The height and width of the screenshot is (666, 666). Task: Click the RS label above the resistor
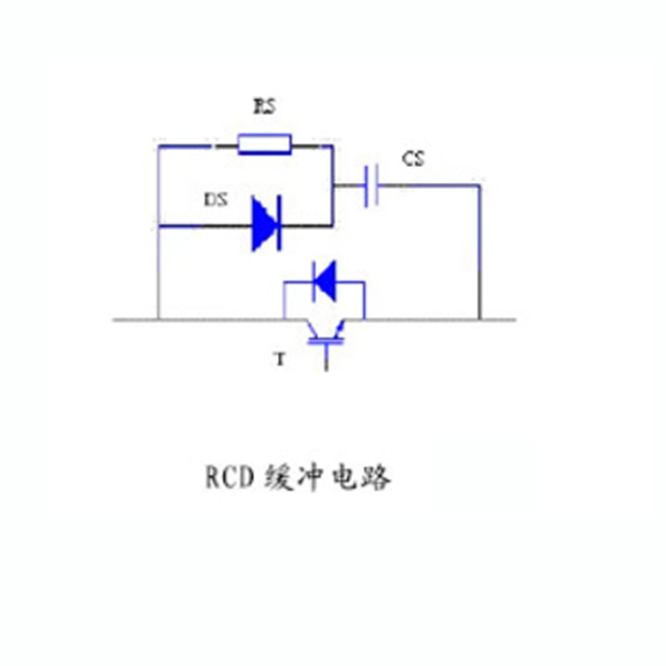click(265, 107)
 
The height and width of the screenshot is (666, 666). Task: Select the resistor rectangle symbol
click(265, 145)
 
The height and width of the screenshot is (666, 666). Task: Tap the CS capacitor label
click(413, 159)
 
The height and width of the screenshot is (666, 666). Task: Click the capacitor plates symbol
click(371, 186)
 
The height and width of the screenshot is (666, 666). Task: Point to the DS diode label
click(216, 199)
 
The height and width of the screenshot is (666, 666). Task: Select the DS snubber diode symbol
click(266, 224)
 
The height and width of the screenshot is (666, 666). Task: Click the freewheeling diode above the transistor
click(324, 281)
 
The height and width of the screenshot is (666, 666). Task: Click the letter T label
click(280, 360)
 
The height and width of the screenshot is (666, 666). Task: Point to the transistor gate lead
click(326, 358)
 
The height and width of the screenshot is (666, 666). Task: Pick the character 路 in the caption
click(376, 478)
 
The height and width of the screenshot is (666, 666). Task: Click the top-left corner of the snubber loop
click(158, 147)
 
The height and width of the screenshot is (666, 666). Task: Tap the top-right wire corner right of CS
click(480, 186)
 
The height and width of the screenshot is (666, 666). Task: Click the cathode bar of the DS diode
click(279, 224)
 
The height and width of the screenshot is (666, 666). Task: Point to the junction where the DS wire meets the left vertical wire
click(158, 226)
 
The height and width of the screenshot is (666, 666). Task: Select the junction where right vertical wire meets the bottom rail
click(480, 320)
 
